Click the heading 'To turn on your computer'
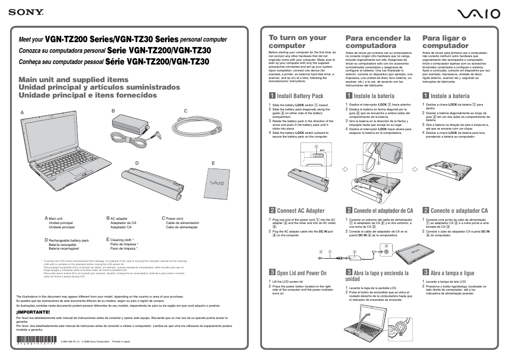[297, 42]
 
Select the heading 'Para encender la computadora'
[378, 42]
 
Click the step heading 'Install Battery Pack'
[300, 96]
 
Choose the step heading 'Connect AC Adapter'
[300, 211]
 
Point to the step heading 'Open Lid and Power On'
[301, 273]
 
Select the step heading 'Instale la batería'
[374, 96]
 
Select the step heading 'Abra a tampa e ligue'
[452, 273]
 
